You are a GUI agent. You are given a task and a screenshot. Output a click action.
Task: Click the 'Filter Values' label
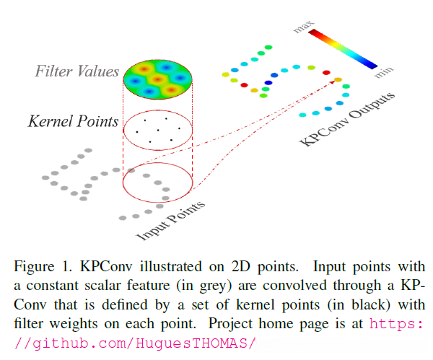pos(76,72)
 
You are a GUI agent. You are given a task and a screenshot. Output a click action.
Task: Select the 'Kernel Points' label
pos(73,121)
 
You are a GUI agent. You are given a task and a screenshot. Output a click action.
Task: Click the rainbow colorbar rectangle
pos(344,48)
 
